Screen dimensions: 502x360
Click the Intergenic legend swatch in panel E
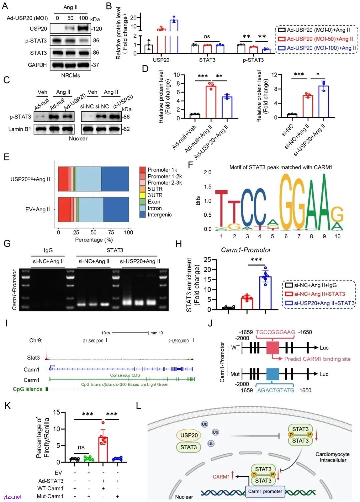coord(142,215)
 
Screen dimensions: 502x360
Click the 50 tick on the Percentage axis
coord(93,232)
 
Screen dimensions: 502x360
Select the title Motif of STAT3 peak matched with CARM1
coord(281,167)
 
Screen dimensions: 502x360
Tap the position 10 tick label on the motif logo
coord(337,236)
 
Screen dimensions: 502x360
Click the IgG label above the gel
coord(48,250)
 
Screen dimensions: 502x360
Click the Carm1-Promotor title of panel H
coord(246,250)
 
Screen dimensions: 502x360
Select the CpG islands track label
coord(28,389)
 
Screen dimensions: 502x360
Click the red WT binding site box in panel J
coord(272,348)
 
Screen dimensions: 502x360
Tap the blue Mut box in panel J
coord(272,374)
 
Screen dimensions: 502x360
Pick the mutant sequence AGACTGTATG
coord(276,390)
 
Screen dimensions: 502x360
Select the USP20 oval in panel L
coord(189,435)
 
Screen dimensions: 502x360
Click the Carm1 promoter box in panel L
coord(265,491)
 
